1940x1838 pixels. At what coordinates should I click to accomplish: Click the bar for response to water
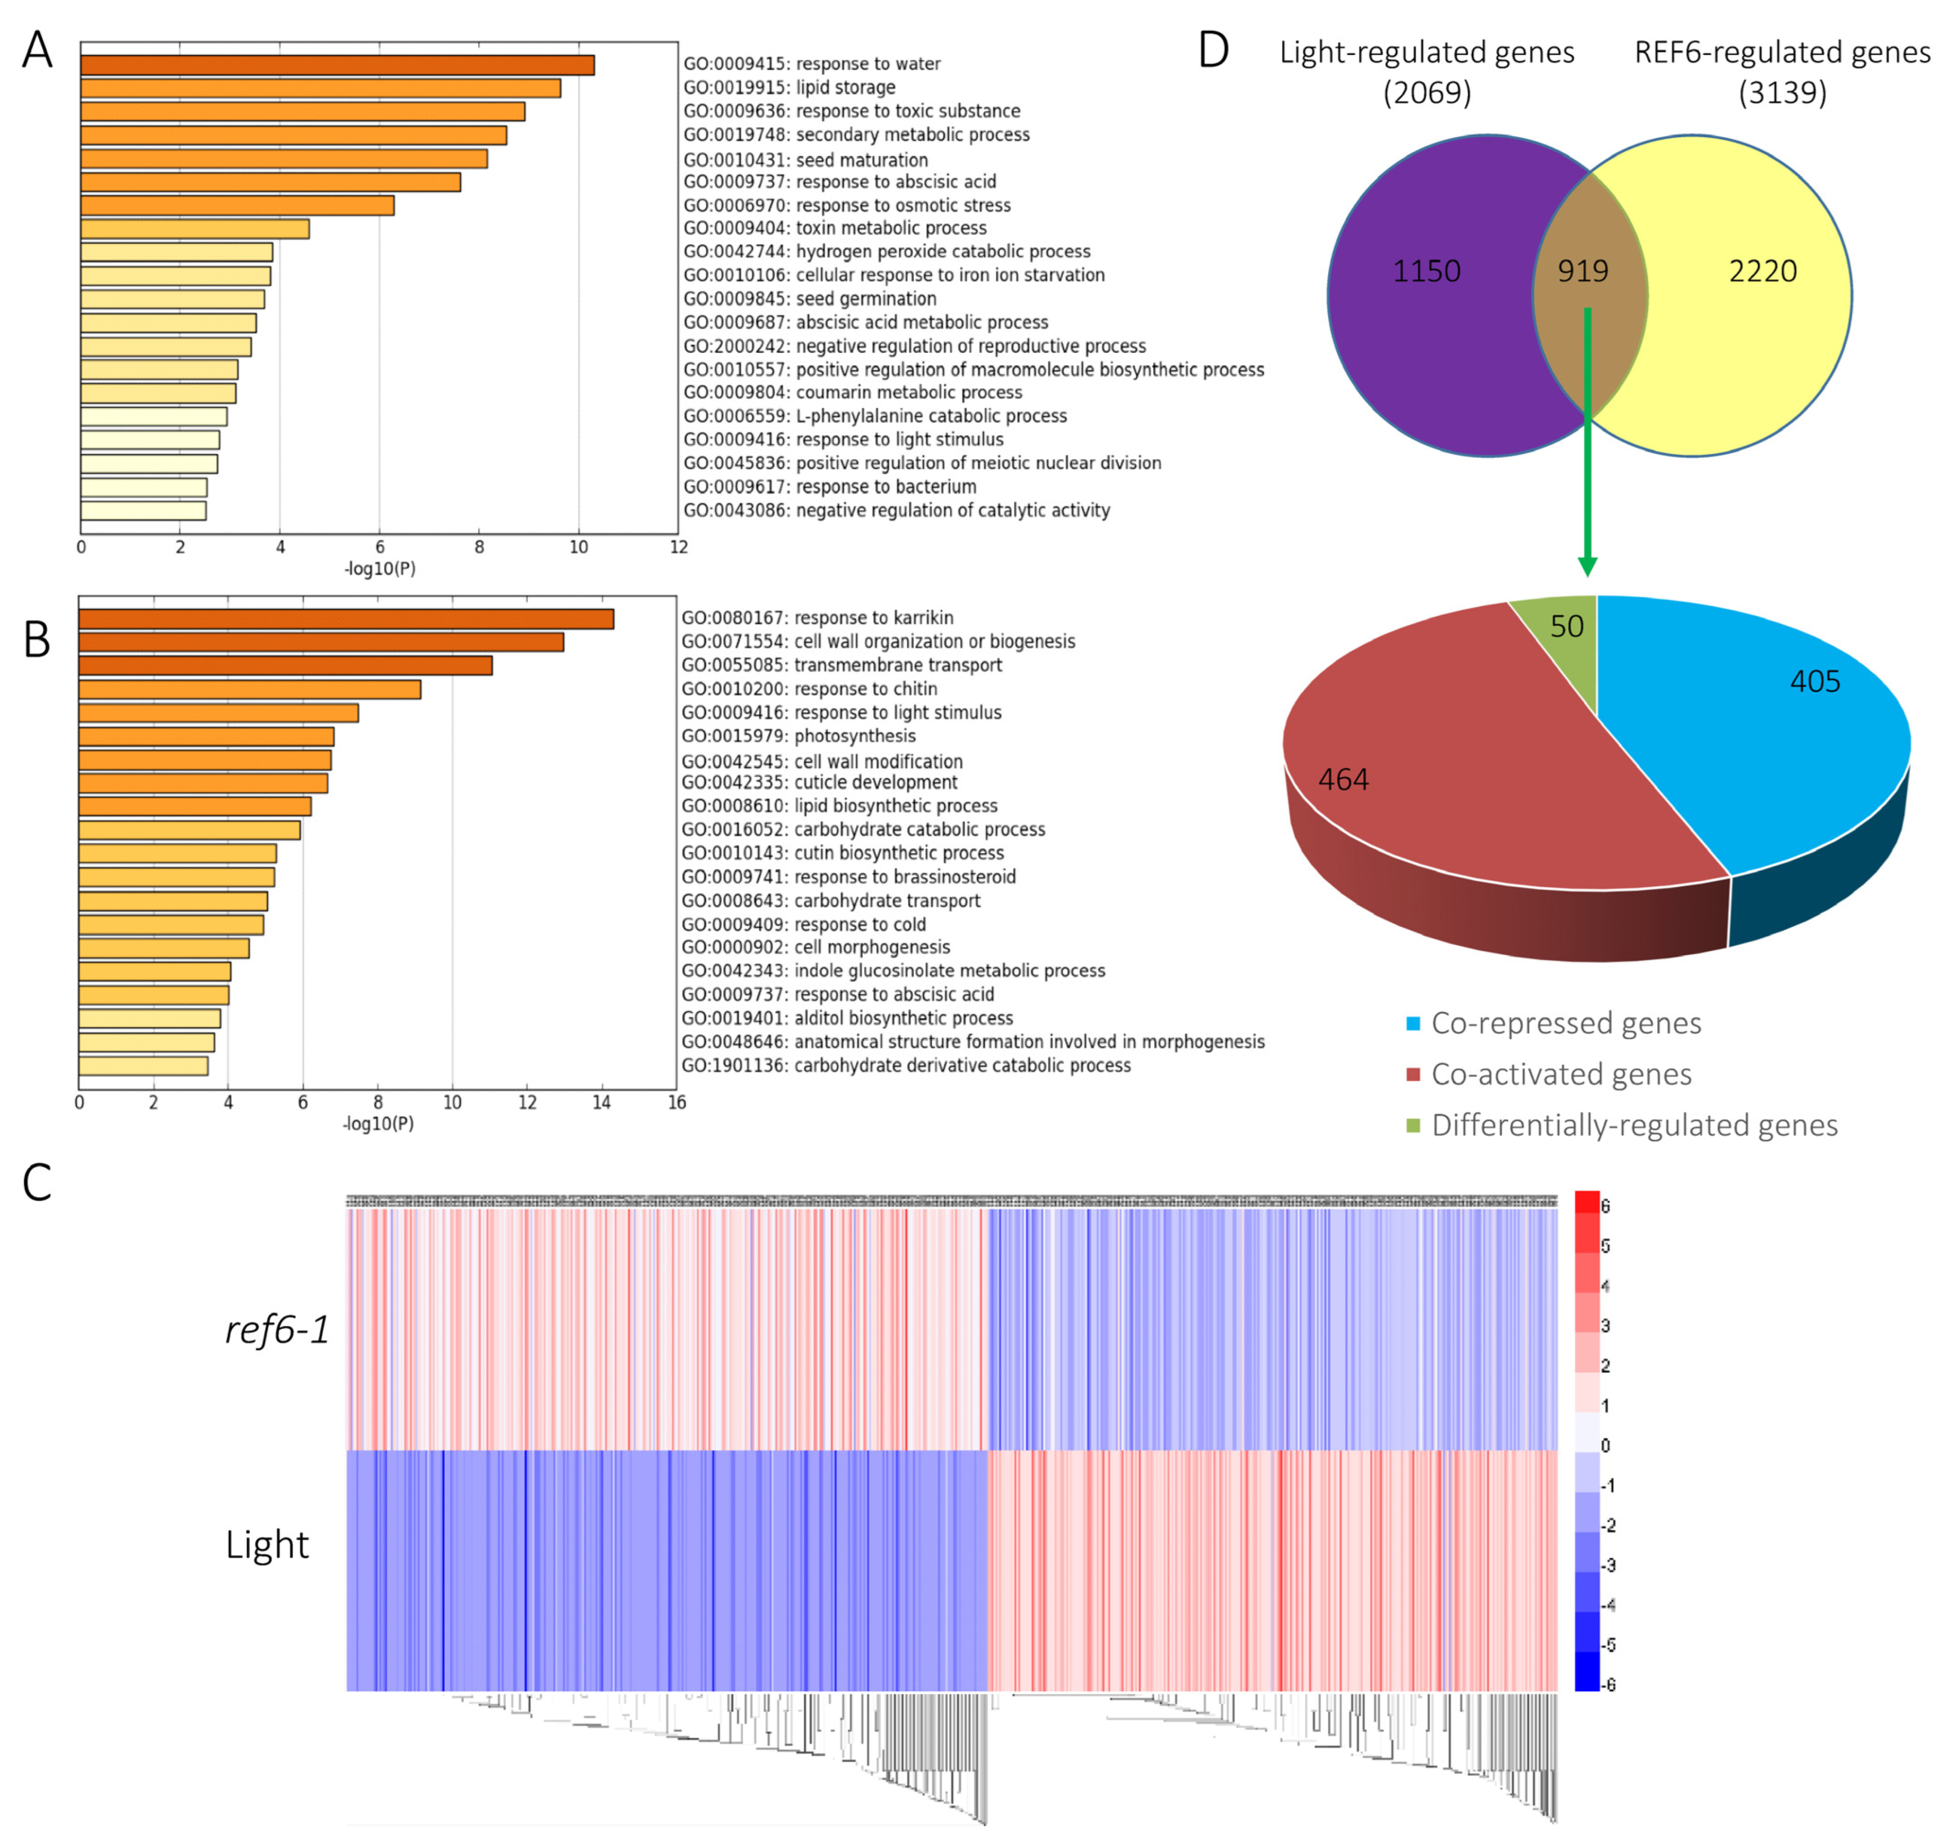point(337,65)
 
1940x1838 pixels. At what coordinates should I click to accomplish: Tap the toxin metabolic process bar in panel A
point(195,229)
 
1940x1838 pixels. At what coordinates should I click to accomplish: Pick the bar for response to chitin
point(250,689)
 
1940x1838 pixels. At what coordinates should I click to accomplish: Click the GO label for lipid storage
point(788,87)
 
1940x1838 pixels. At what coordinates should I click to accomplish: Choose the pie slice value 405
point(1815,682)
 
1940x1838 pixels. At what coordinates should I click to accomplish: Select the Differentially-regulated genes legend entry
point(1633,1125)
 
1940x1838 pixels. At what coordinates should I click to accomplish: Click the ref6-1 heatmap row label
point(278,1329)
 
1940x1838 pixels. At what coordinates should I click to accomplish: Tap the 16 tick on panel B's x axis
point(676,1102)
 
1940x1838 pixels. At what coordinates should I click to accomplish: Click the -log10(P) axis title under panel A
point(380,568)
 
